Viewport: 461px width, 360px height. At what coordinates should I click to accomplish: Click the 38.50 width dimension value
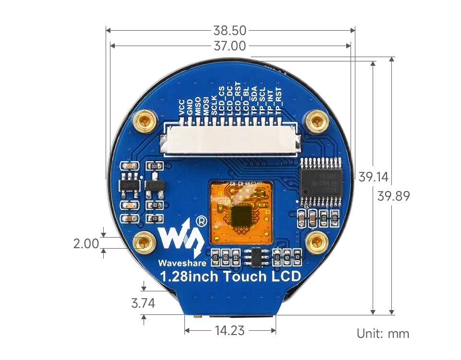230,31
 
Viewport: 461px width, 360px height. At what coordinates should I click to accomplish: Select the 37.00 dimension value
230,46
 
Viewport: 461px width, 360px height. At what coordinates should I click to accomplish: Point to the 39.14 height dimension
373,177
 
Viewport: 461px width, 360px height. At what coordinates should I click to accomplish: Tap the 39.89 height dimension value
393,196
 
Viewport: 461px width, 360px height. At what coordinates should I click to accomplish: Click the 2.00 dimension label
85,244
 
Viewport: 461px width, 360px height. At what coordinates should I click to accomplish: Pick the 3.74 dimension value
144,303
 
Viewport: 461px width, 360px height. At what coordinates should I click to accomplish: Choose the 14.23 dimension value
230,331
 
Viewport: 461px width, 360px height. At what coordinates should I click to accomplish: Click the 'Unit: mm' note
383,334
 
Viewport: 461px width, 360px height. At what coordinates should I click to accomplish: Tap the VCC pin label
182,108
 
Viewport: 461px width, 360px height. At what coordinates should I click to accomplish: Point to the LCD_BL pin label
246,102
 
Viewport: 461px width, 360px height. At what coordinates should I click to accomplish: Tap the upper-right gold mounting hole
316,121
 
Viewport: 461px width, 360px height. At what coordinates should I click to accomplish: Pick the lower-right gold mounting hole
316,242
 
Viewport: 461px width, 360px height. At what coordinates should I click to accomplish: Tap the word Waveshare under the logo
182,263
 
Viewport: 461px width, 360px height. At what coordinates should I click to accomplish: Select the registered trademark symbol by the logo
202,221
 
